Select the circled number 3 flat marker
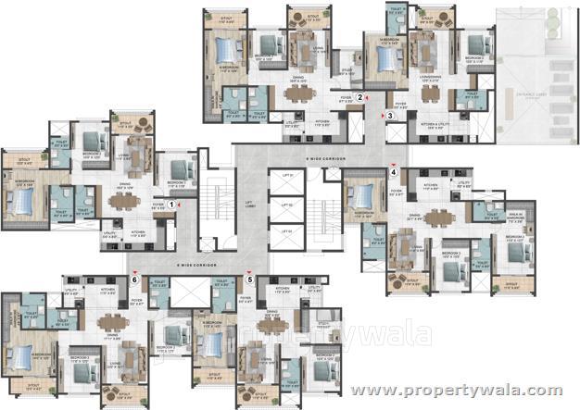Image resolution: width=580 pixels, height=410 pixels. pos(391,116)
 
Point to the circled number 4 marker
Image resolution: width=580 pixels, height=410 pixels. pos(393,171)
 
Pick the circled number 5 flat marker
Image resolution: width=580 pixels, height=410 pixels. pos(250,278)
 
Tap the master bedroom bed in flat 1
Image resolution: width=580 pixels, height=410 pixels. pos(25,197)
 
